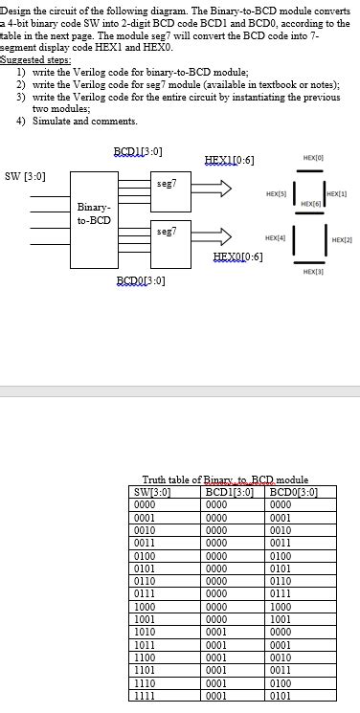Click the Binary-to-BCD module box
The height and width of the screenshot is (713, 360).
94,212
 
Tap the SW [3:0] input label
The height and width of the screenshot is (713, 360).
26,175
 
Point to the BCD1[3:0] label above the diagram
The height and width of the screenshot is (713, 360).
138,152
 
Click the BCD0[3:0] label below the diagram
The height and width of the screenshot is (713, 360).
141,279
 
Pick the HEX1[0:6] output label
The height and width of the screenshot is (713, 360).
230,159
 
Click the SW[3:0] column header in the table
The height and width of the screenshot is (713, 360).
152,492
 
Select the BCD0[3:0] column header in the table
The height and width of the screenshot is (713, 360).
282,492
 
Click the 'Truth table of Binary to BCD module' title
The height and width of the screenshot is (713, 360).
225,479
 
